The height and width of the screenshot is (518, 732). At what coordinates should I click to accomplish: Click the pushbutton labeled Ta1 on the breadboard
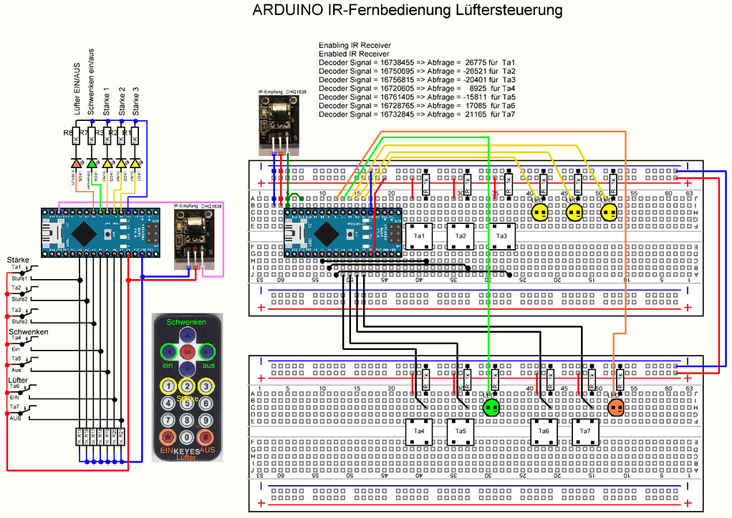click(420, 236)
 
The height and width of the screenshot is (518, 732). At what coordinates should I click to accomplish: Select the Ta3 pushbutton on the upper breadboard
click(501, 236)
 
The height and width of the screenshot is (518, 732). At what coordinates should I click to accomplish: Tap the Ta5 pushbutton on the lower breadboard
click(461, 431)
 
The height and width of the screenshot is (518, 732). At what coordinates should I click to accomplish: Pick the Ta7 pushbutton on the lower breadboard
click(584, 431)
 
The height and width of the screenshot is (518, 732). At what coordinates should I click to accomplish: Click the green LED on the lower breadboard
click(491, 407)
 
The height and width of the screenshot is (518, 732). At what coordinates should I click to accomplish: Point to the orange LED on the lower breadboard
click(615, 407)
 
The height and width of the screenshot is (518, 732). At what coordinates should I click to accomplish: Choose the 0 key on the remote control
click(186, 437)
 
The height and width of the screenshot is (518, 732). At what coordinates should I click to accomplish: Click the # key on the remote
click(206, 437)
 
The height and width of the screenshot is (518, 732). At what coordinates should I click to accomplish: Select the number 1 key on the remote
click(168, 386)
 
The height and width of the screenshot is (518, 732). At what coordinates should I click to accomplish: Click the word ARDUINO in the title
click(287, 11)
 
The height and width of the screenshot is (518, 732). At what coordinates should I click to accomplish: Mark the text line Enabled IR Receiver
click(354, 54)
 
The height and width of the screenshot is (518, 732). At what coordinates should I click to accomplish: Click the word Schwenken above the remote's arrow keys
click(186, 323)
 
